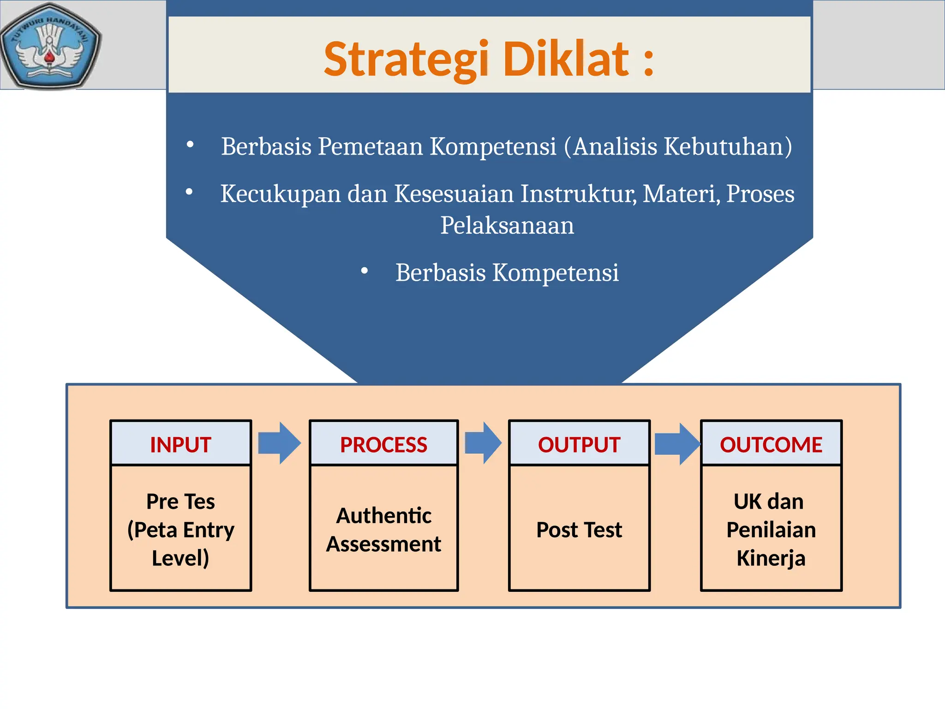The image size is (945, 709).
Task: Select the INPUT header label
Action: click(x=180, y=445)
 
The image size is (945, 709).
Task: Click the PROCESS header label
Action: click(x=383, y=445)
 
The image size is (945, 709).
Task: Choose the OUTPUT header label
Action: click(x=579, y=445)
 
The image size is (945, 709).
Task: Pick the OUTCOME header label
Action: click(x=771, y=445)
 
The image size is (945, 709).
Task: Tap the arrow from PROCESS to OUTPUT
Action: click(x=483, y=443)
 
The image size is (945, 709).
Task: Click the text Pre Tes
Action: click(x=180, y=502)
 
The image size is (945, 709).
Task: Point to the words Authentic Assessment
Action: click(x=383, y=530)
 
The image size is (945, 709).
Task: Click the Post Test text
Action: click(x=579, y=530)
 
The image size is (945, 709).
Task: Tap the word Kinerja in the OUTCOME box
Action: click(x=771, y=559)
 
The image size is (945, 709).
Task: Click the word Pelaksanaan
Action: click(x=507, y=226)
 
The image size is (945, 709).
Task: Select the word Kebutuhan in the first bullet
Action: click(x=728, y=147)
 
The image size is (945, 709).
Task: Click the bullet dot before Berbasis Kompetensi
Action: click(x=365, y=271)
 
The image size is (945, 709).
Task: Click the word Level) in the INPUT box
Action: click(x=180, y=559)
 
